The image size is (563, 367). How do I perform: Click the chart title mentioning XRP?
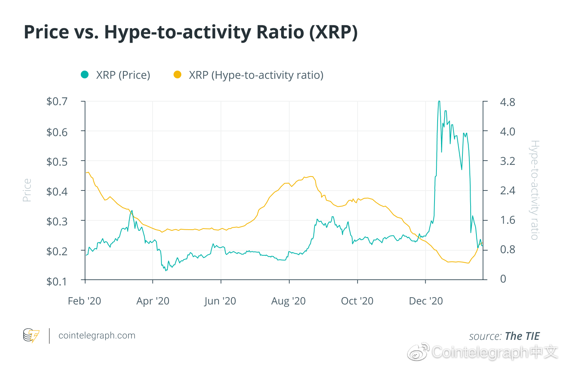[x=191, y=32]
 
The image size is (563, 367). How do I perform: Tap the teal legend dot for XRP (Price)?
[x=85, y=74]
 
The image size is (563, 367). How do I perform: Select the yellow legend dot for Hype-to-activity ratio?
[x=177, y=74]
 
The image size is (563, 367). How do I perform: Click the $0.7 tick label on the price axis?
[x=57, y=102]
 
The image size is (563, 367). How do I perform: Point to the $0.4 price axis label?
[x=57, y=191]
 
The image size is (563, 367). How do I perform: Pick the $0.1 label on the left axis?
[x=57, y=281]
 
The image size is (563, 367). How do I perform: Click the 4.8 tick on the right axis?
[x=507, y=102]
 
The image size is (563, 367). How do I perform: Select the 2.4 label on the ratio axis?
[x=507, y=190]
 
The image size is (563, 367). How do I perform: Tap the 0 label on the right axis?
[x=503, y=279]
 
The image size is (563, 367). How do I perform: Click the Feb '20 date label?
[x=84, y=301]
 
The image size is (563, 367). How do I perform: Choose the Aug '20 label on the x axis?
[x=288, y=301]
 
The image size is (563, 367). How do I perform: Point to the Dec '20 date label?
[x=426, y=301]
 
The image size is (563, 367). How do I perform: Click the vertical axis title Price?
[x=27, y=190]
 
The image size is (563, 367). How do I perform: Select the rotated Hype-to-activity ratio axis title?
[x=535, y=190]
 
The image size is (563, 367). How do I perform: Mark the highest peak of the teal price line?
[x=439, y=101]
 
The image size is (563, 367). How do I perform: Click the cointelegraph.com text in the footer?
[x=97, y=336]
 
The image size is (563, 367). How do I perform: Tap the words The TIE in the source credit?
[x=522, y=336]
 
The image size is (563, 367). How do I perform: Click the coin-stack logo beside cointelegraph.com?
[x=31, y=336]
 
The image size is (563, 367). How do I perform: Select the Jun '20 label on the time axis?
[x=220, y=301]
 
